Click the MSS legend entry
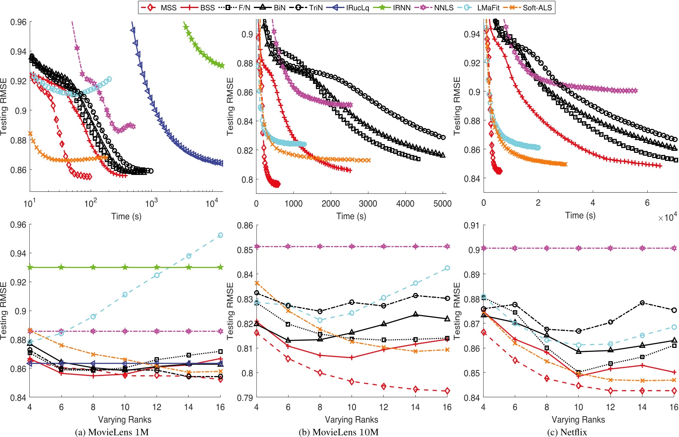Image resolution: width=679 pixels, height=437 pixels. tap(159, 7)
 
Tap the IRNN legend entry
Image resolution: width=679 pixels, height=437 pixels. tap(395, 7)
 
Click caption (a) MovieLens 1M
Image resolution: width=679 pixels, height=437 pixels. tap(112, 432)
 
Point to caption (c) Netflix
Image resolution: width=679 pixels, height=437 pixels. tap(567, 432)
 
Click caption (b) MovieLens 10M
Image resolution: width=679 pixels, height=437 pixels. tap(338, 432)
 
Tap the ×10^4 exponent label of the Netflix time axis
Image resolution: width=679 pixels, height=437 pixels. tap(667, 217)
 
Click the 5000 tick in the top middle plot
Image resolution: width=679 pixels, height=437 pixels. tap(442, 203)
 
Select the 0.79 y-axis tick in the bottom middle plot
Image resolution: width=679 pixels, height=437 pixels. tap(245, 398)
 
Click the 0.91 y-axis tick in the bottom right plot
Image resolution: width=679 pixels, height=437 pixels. tap(472, 226)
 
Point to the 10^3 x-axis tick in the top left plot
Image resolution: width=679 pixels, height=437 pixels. tap(151, 203)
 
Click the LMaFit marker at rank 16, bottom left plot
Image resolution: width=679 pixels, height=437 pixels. tap(220, 235)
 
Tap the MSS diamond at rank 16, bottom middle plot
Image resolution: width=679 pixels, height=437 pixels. tap(447, 391)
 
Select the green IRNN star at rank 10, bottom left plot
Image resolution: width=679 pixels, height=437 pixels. tap(125, 267)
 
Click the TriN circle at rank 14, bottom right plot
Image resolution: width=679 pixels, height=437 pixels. tap(642, 303)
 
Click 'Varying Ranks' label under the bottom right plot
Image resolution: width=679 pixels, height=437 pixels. tap(578, 419)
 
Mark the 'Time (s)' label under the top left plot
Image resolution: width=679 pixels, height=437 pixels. tap(126, 216)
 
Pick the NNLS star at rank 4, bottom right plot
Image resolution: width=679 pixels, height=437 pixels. tap(484, 248)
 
